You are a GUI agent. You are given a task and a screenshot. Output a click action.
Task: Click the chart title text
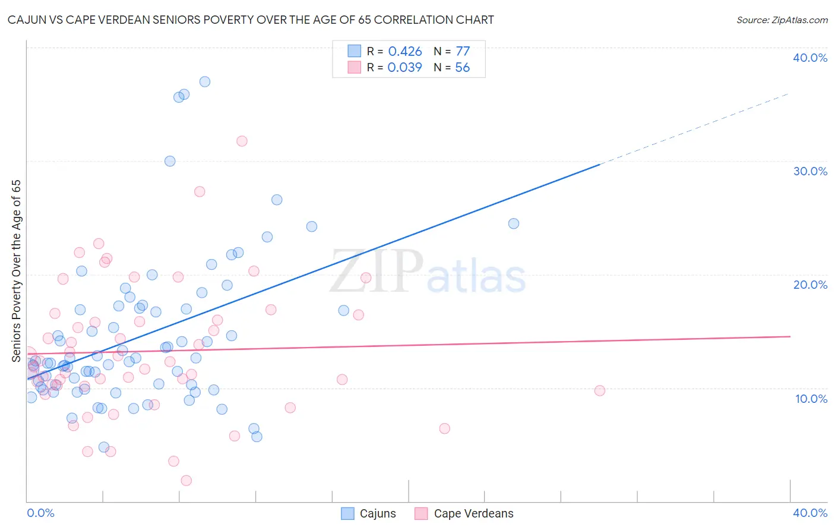[x=251, y=20]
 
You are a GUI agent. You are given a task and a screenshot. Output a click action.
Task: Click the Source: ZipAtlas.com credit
[x=782, y=20]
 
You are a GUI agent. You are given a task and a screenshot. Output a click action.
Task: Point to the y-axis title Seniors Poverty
[x=16, y=271]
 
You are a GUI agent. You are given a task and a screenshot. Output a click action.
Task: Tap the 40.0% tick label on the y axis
[x=809, y=58]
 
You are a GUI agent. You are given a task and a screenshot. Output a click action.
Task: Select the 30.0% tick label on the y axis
[x=809, y=171]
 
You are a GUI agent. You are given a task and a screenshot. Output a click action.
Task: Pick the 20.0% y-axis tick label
[x=809, y=285]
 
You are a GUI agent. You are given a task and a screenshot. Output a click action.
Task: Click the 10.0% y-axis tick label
[x=811, y=399]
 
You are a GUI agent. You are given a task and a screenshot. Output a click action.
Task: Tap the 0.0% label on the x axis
[x=40, y=513]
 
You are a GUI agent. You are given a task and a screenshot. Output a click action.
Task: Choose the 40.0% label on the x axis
[x=809, y=513]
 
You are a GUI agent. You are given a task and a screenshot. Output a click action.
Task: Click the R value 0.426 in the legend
[x=405, y=52]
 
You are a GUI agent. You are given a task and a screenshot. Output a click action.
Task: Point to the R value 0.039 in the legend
[x=405, y=68]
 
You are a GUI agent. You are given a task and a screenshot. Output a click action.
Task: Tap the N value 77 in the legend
[x=463, y=52]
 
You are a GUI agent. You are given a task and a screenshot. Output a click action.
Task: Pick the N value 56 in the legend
[x=463, y=68]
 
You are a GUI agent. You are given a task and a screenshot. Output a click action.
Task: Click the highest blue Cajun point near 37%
[x=205, y=82]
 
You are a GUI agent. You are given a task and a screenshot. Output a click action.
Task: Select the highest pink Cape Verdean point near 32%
[x=242, y=141]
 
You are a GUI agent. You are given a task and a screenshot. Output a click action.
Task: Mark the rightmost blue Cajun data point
[x=514, y=223]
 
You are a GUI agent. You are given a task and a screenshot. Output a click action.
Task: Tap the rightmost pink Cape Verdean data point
[x=600, y=390]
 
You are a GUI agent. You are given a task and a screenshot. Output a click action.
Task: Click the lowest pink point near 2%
[x=186, y=480]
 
